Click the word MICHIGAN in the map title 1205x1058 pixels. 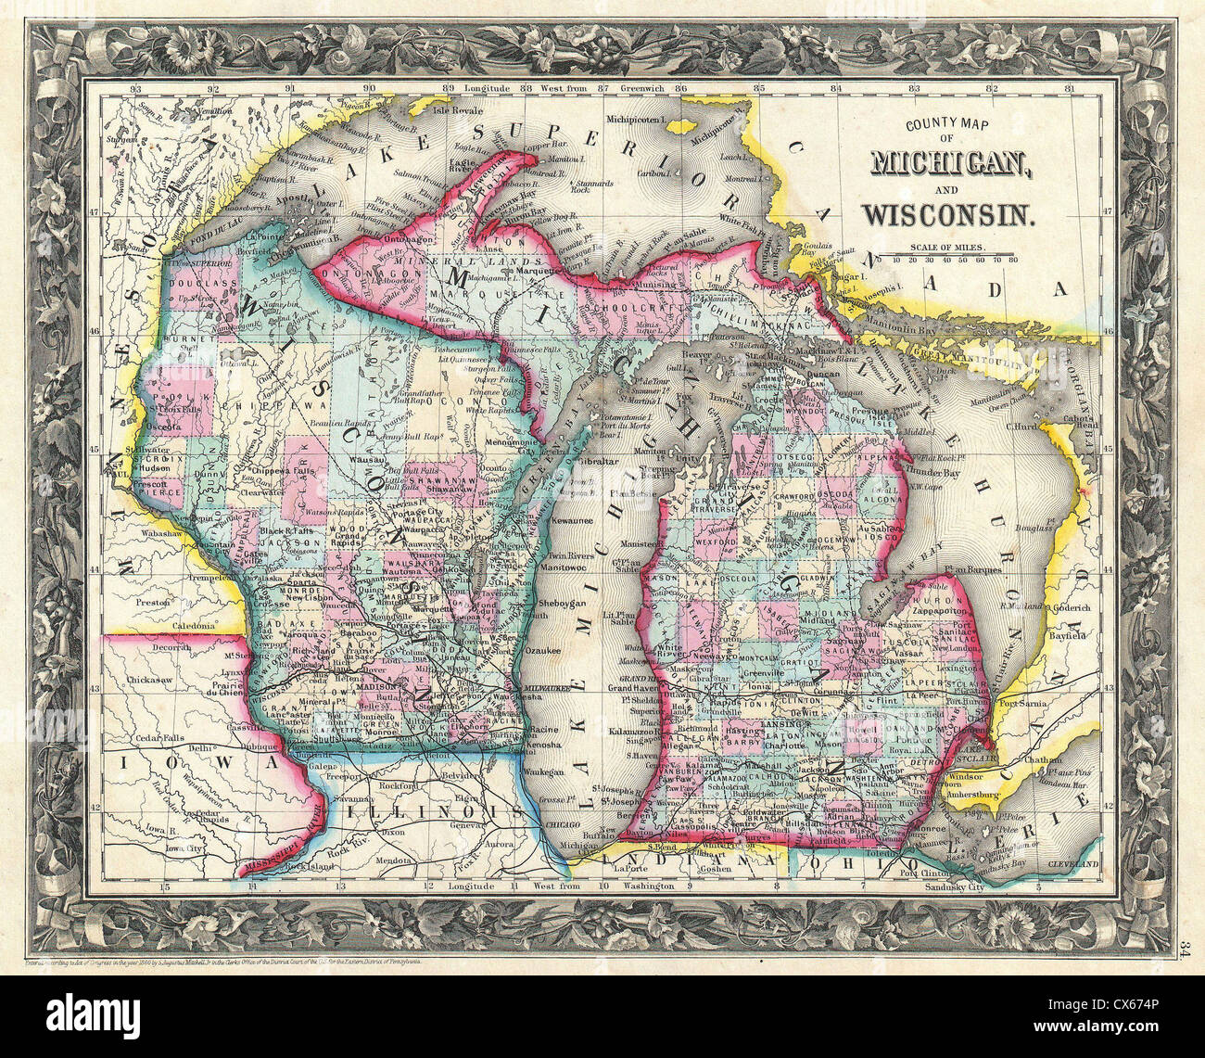(x=940, y=165)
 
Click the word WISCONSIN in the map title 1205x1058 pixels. (x=946, y=215)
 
